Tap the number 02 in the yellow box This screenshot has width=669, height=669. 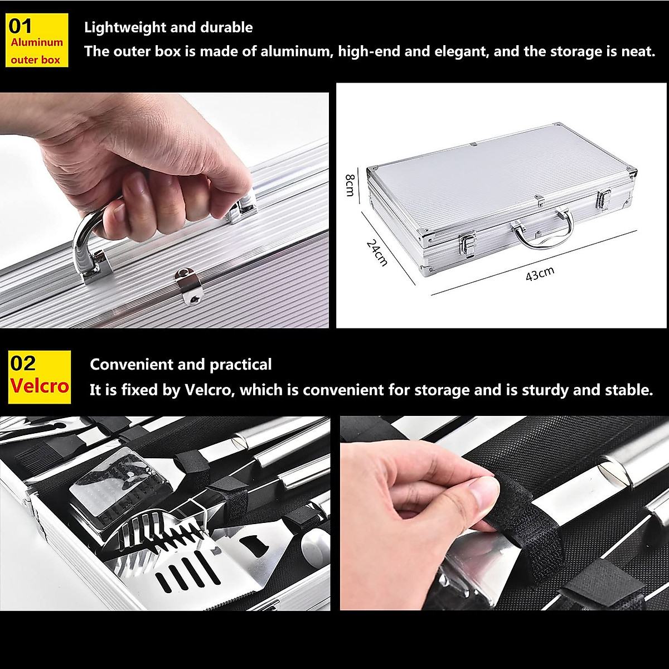23,363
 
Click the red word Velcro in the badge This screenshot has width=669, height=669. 39,386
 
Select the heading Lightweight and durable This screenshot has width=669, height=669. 168,27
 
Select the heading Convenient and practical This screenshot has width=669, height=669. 181,365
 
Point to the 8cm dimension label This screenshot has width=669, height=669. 350,185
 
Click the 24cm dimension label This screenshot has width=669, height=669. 377,252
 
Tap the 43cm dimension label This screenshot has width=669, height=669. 540,273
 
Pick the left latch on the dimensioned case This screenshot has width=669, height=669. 467,245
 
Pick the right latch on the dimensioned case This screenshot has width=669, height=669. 604,200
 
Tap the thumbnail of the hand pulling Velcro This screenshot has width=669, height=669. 505,513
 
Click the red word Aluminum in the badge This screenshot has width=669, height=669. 37,42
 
